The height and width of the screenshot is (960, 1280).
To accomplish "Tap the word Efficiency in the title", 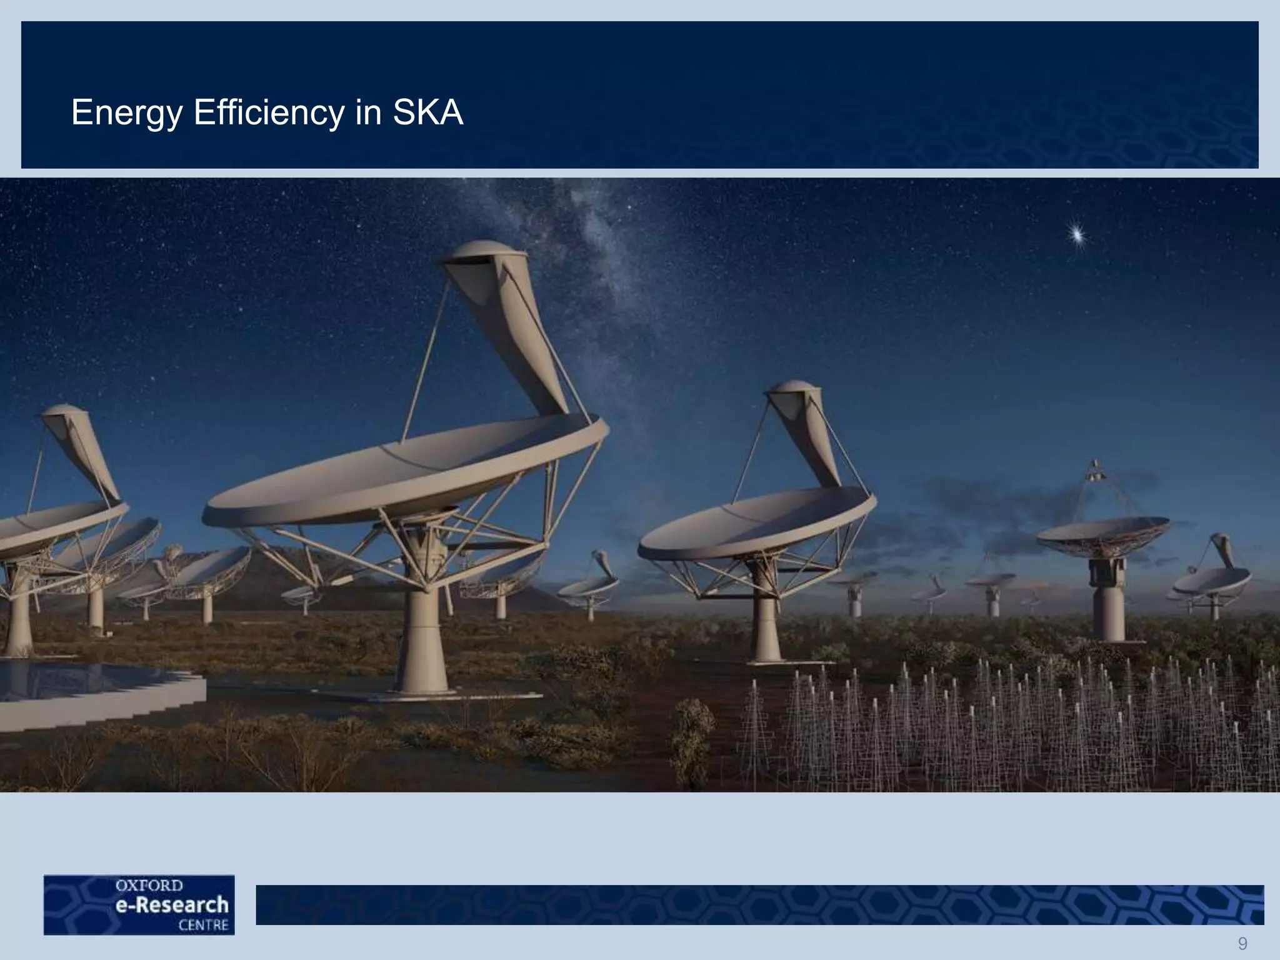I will [x=269, y=113].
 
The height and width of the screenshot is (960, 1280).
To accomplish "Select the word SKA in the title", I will [x=427, y=113].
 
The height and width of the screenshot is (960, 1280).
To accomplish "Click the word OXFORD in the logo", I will [x=149, y=886].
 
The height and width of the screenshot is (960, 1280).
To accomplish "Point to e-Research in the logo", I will [x=172, y=905].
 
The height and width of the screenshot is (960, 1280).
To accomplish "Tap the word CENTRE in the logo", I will [x=203, y=925].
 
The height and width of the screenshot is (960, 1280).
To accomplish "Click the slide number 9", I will [x=1242, y=943].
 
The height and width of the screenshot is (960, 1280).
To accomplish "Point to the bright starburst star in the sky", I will [x=1077, y=235].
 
